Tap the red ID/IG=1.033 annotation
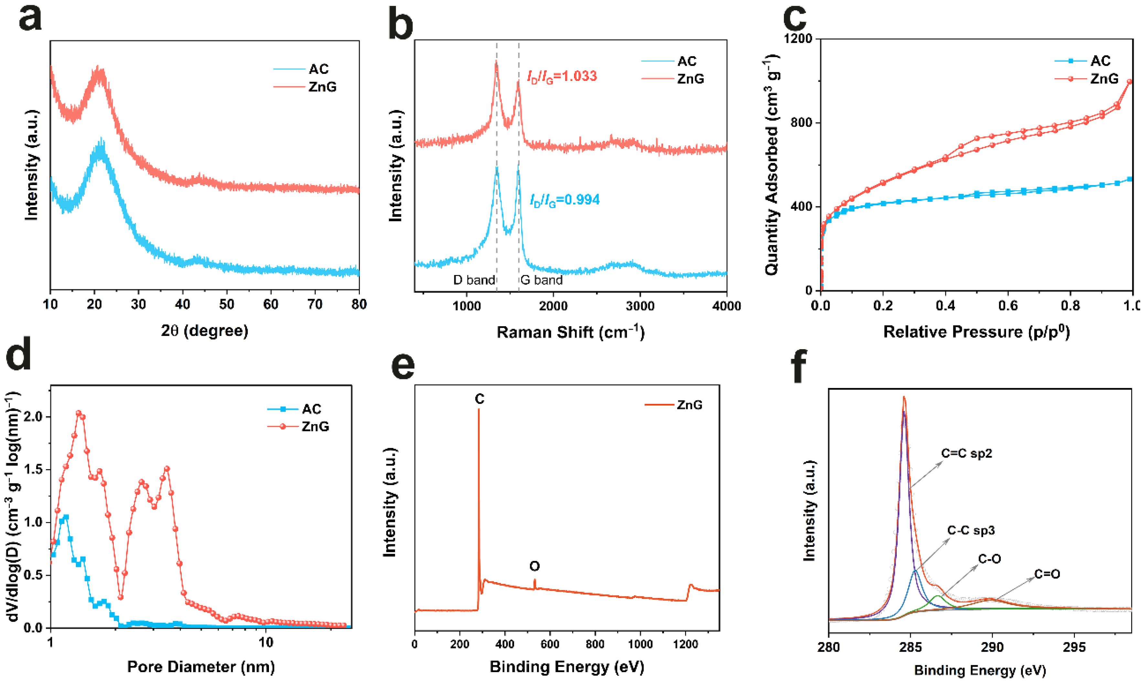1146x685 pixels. click(x=562, y=76)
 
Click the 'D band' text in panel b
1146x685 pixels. click(x=474, y=280)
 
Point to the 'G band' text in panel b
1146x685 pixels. click(x=541, y=280)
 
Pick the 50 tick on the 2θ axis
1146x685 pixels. click(x=226, y=305)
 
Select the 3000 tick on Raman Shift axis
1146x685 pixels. click(x=640, y=306)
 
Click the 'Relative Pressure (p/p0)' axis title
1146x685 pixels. click(x=976, y=332)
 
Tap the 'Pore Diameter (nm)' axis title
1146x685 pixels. click(x=201, y=667)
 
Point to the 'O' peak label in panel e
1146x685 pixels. click(x=534, y=566)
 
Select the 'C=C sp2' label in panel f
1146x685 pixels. click(x=967, y=454)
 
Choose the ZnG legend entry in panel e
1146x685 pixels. click(x=689, y=405)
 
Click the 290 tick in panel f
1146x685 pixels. click(x=992, y=647)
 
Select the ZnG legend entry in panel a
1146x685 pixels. click(x=322, y=87)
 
